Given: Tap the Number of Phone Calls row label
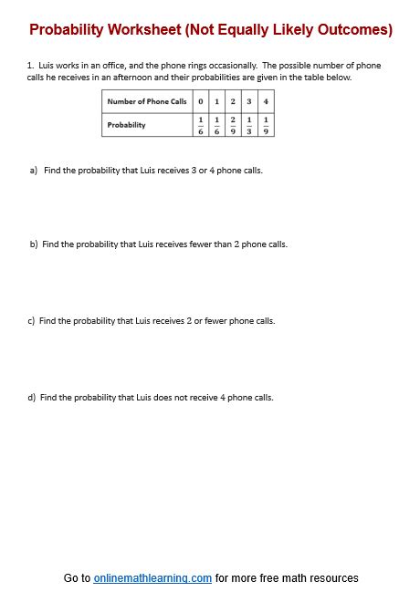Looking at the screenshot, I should (x=147, y=101).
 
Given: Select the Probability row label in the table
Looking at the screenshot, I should (x=126, y=124).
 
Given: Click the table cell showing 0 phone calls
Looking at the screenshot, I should (x=200, y=101).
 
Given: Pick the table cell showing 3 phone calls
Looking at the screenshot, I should (x=249, y=101).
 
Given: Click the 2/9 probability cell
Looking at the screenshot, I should (x=233, y=124).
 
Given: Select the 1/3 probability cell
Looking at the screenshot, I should (x=249, y=124).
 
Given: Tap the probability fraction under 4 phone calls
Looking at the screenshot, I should (x=266, y=124).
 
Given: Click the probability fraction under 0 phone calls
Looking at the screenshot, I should (x=200, y=124).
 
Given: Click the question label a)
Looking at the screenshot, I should (x=34, y=171).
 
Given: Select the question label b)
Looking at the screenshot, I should (x=34, y=244).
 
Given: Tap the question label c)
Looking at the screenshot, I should (x=32, y=321).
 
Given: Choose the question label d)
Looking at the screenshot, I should (x=33, y=398).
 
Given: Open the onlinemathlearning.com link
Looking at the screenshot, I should (x=152, y=578).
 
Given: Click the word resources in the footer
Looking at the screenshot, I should (x=333, y=578).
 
